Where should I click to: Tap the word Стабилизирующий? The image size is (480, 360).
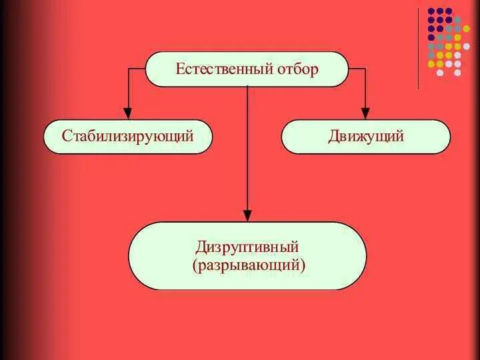pos(127,137)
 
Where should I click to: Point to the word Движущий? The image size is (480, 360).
pos(366,137)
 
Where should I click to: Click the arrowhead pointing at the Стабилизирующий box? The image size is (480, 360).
pos(127,113)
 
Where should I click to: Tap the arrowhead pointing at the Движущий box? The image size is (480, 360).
pos(365,113)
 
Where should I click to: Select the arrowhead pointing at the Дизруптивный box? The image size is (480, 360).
pos(247,215)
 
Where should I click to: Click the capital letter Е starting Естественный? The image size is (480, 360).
pos(179,69)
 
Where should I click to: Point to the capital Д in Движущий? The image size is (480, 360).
pos(333,137)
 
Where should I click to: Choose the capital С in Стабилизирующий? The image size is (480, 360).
pos(67,137)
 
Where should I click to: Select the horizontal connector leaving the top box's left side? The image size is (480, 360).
pos(136,69)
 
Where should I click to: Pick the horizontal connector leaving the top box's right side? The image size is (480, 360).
pos(357,69)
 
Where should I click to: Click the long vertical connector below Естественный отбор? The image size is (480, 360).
pos(247,147)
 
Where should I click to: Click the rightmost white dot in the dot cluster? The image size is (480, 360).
pos(458,64)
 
